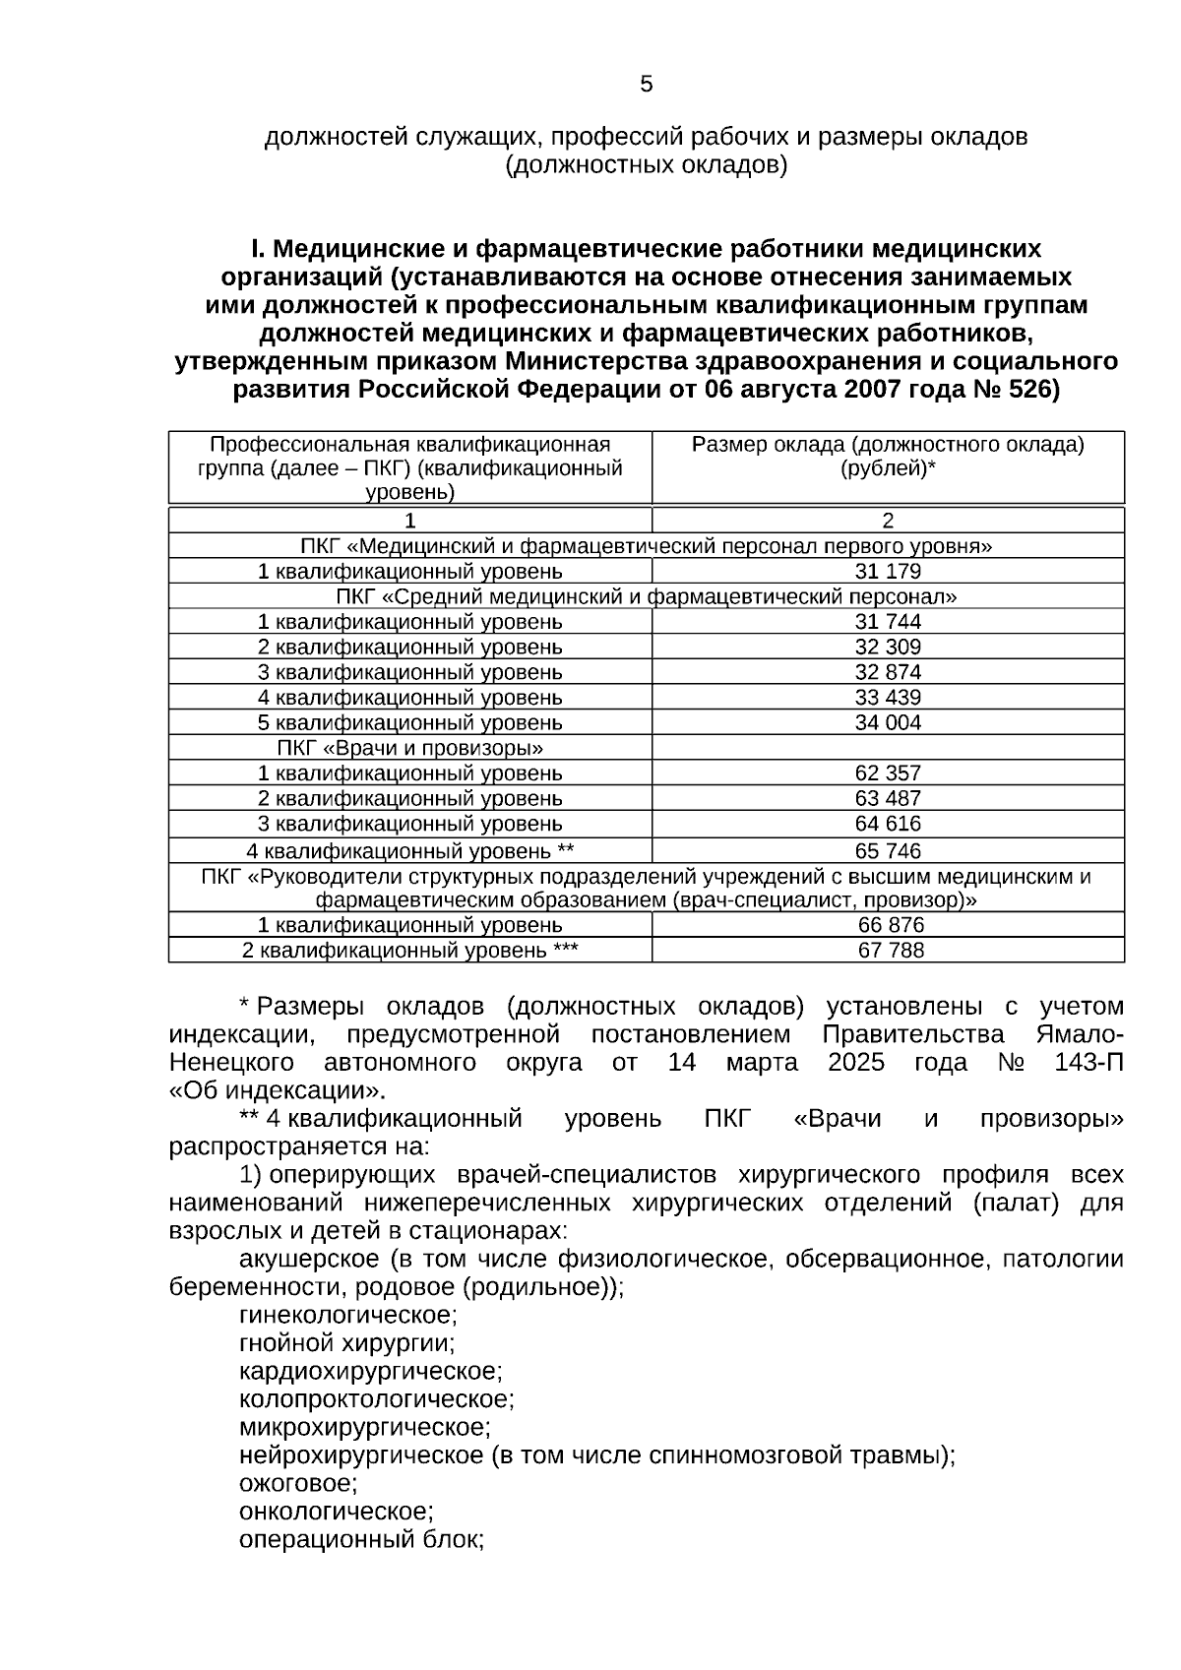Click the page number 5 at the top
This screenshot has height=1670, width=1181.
click(646, 85)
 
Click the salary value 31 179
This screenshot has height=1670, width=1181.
click(888, 572)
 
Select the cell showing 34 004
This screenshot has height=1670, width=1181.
click(888, 723)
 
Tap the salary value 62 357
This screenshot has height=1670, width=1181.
click(888, 773)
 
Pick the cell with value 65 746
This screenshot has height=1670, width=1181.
click(888, 850)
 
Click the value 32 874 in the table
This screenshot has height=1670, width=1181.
click(888, 672)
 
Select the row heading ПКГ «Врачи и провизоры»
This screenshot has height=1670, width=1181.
click(409, 748)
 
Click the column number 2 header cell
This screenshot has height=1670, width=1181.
click(888, 521)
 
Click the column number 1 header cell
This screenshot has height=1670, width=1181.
click(409, 521)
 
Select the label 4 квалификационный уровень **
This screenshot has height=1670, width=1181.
click(409, 850)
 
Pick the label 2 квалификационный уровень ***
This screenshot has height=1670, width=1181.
click(409, 951)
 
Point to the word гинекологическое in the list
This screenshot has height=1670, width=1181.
click(347, 1315)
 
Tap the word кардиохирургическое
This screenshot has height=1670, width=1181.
click(370, 1371)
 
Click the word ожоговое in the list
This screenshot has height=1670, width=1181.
click(298, 1483)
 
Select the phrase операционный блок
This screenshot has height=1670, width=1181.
click(361, 1539)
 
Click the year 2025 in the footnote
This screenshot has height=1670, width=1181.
click(855, 1063)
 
